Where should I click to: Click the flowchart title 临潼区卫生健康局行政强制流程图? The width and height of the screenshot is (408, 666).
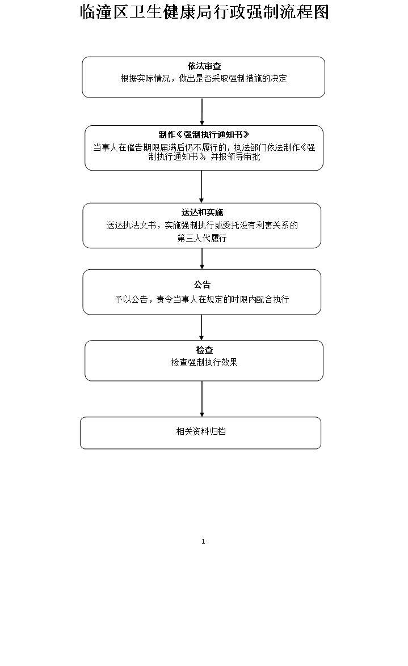[204, 12]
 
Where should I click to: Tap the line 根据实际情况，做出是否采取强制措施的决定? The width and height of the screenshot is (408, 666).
[204, 79]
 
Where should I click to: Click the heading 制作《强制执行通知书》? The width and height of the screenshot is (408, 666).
[204, 135]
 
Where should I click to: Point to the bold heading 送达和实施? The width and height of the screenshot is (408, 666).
[202, 213]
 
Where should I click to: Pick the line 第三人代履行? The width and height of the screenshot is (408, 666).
[202, 239]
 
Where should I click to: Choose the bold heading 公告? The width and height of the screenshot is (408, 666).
[202, 285]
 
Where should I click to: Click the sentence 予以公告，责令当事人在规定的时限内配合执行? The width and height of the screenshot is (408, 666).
[202, 299]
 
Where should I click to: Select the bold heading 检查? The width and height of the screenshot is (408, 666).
[204, 350]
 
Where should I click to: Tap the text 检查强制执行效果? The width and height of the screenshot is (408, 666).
[204, 362]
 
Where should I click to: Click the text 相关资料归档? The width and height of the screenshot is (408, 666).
[201, 431]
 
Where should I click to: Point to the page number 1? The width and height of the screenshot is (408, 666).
[203, 541]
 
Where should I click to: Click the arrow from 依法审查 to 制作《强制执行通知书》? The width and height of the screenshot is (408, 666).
[202, 112]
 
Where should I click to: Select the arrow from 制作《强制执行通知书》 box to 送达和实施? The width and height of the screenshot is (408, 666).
[201, 186]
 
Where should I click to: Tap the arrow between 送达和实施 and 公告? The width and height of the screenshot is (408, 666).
[202, 258]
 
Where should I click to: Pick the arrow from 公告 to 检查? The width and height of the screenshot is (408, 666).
[201, 328]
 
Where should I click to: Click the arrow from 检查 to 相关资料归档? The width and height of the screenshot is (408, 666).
[202, 399]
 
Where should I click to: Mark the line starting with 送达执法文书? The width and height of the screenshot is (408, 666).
[202, 225]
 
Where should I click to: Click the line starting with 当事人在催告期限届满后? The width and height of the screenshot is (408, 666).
[204, 147]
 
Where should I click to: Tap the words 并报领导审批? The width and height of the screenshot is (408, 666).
[235, 157]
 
